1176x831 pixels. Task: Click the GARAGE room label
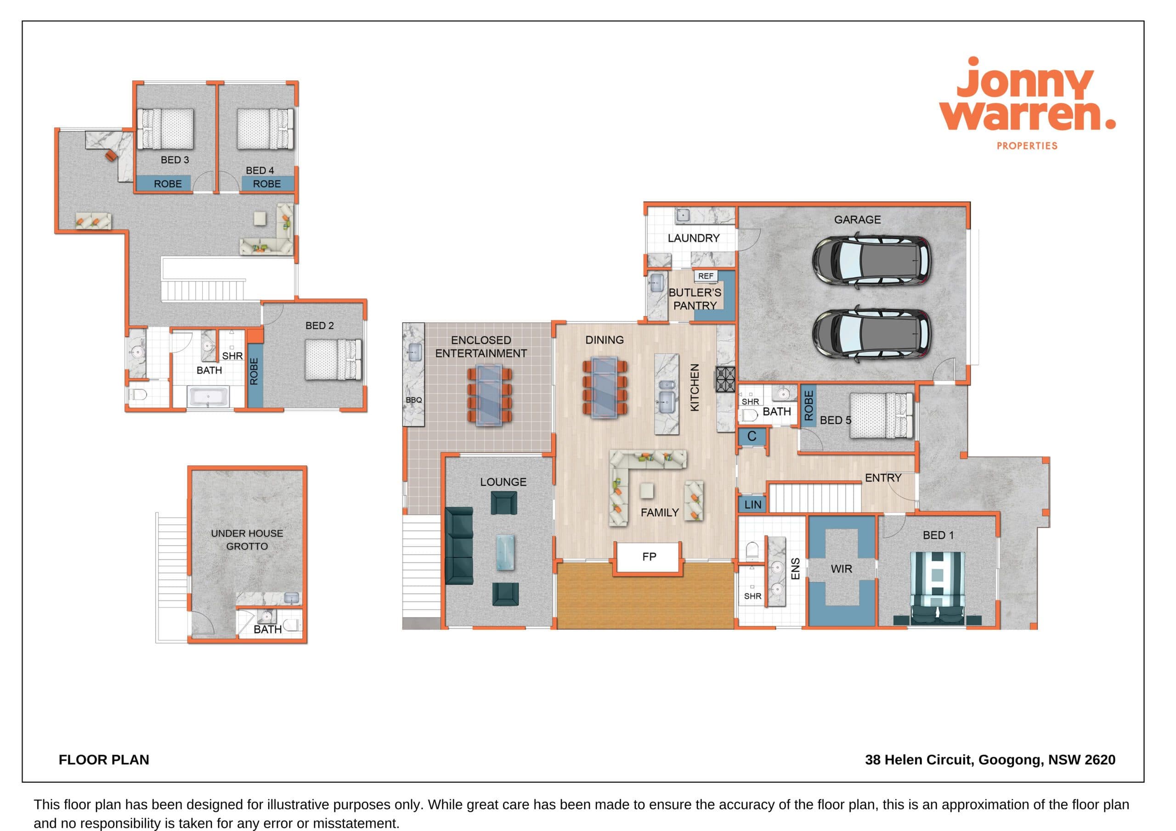point(857,219)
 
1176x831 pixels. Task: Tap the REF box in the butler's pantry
point(705,276)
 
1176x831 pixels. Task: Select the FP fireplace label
point(649,556)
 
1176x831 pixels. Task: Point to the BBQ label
point(413,400)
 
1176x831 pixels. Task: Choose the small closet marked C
point(752,437)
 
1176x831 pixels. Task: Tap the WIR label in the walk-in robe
point(841,569)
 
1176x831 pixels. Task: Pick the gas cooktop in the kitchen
point(725,379)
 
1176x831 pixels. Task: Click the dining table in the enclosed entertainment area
point(489,395)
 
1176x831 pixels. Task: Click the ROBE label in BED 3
point(168,184)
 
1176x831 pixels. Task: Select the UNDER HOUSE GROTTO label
point(247,539)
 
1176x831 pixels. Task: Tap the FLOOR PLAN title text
point(104,760)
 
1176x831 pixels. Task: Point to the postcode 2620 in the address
point(1100,760)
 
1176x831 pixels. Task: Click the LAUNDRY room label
point(694,238)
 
